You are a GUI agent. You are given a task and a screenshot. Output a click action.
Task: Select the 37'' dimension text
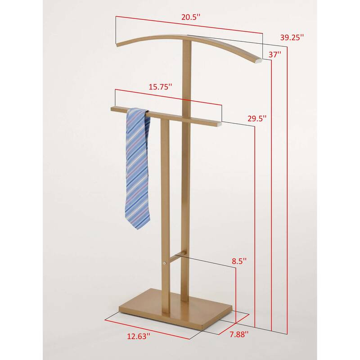pyautogui.click(x=275, y=54)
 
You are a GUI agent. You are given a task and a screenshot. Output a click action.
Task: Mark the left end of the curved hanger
pyautogui.click(x=118, y=44)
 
